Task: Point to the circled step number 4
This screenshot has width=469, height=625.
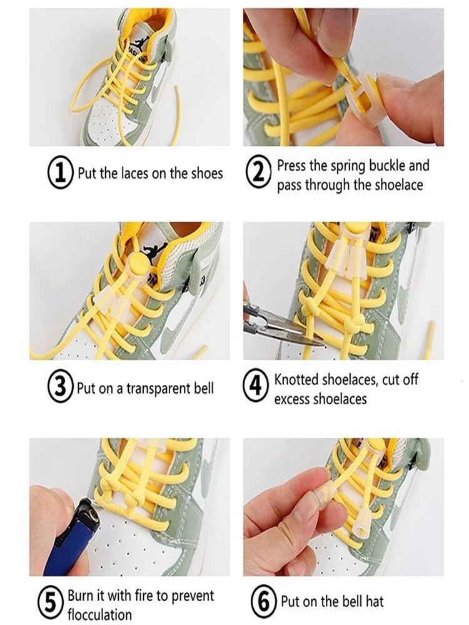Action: (x=257, y=387)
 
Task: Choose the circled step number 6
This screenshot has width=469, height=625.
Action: (x=263, y=602)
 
